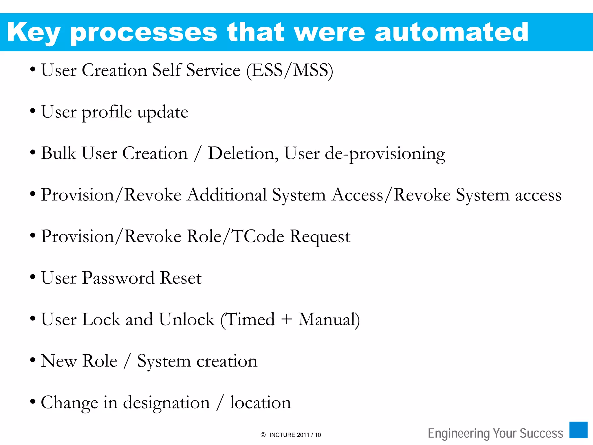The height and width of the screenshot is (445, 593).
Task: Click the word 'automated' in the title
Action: pos(451,32)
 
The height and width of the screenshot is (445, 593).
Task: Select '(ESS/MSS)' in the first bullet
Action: pos(290,70)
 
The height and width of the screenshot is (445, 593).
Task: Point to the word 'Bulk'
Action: pos(58,153)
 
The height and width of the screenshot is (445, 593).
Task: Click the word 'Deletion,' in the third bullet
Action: pos(243,154)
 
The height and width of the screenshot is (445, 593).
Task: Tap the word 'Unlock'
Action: pos(186,320)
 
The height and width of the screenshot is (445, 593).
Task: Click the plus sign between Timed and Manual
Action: pos(287,320)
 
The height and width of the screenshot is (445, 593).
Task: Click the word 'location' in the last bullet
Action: pos(260,403)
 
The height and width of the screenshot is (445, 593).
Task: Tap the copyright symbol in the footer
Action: pos(263,435)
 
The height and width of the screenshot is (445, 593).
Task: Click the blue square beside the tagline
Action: pos(578,430)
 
